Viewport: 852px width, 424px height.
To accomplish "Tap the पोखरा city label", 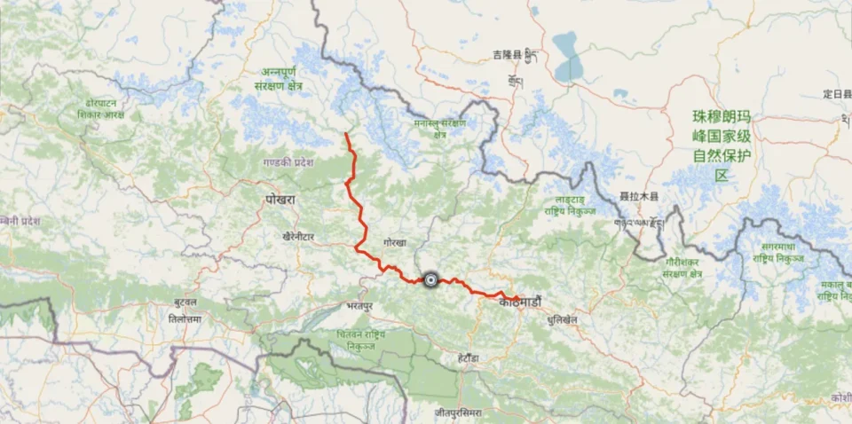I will [280, 200].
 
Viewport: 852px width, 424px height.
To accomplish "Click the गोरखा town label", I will [395, 242].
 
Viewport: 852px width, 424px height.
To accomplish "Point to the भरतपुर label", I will [359, 305].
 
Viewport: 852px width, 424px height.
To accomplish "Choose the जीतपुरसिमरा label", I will [458, 412].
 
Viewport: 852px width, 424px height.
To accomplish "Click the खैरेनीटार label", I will [301, 237].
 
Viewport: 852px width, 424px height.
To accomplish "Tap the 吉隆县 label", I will [508, 56].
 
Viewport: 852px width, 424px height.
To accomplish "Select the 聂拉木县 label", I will [638, 195].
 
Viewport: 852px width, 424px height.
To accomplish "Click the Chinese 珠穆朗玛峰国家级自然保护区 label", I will [721, 145].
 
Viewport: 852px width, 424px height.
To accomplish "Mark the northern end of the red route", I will [345, 135].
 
